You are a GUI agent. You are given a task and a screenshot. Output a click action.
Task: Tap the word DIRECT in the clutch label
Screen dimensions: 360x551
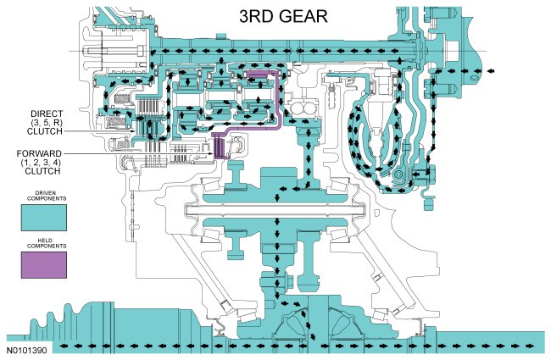click(x=46, y=113)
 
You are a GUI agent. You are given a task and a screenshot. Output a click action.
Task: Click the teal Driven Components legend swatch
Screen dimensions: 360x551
click(x=44, y=217)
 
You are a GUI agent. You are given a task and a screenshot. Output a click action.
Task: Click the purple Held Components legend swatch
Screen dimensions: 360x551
click(x=44, y=267)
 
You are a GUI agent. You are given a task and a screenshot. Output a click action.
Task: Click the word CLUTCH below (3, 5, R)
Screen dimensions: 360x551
click(x=46, y=131)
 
